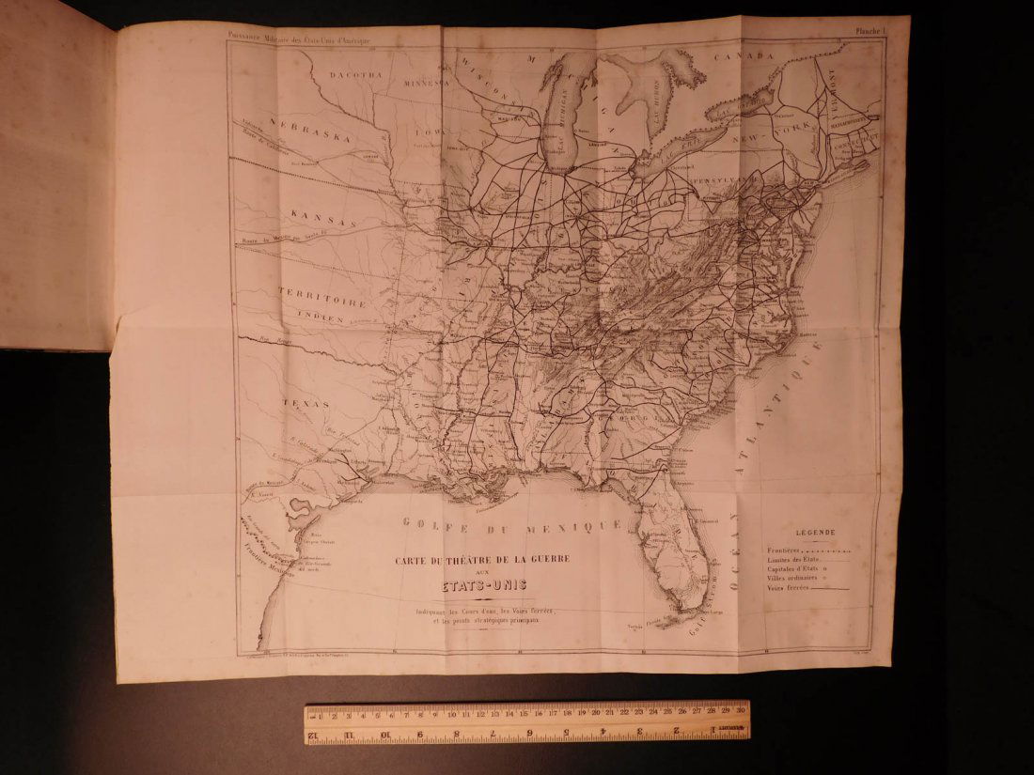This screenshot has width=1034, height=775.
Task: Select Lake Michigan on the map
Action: click(x=561, y=122)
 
